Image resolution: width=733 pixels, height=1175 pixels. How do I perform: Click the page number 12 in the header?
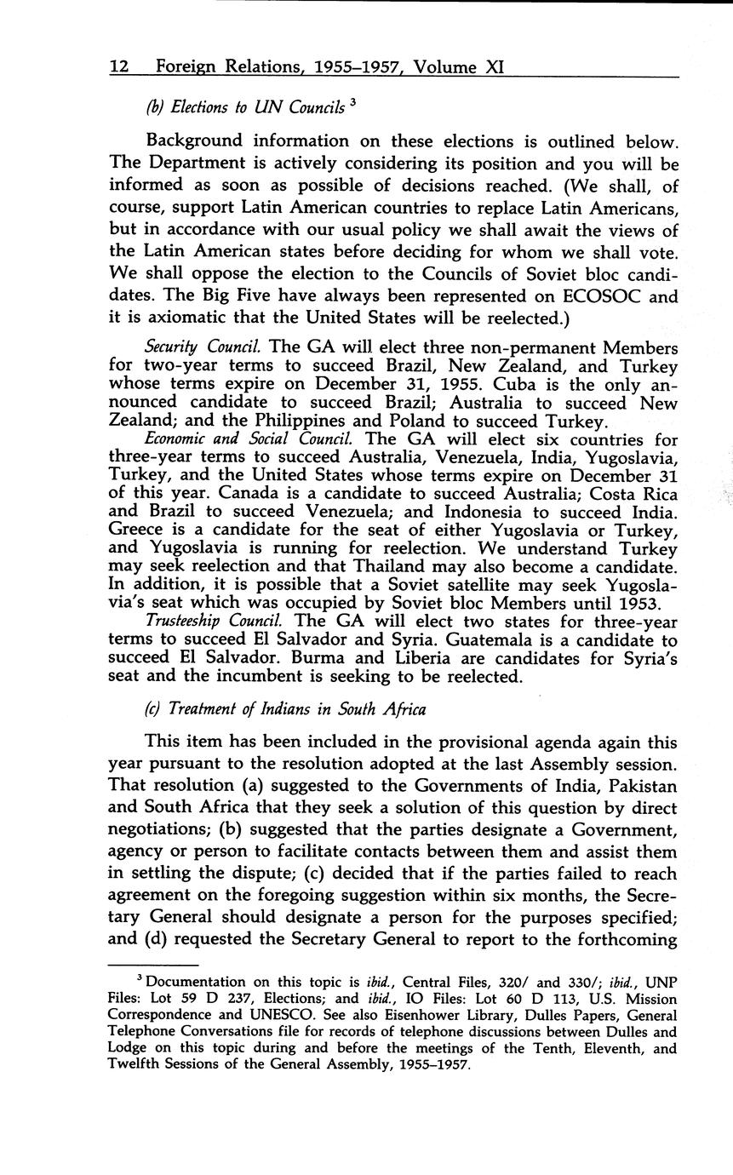(119, 66)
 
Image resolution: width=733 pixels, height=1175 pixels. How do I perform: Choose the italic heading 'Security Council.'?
(203, 347)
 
